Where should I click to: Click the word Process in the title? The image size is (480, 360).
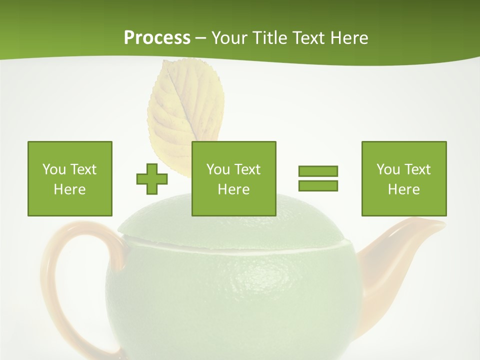tap(157, 38)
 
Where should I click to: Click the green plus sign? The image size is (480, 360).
tap(152, 178)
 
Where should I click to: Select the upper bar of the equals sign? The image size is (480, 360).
tap(318, 171)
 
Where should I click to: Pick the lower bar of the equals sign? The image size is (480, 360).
tap(318, 185)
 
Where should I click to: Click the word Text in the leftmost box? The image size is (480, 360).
tap(83, 169)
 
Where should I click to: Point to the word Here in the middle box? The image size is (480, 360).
tap(233, 189)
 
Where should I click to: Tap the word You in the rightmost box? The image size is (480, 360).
tap(388, 169)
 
